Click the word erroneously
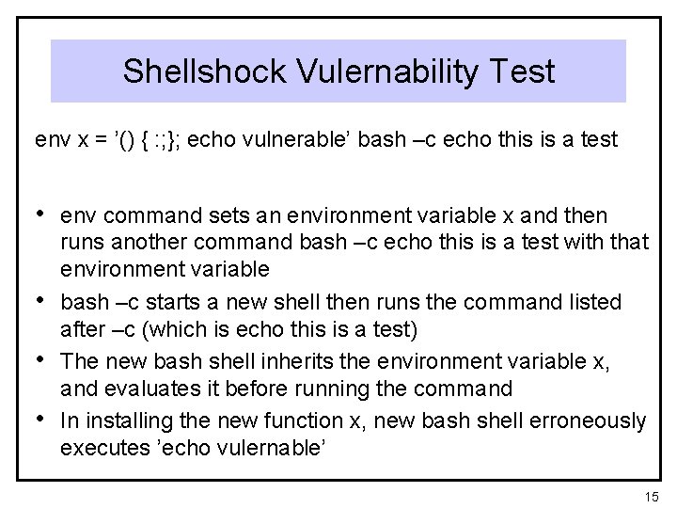582,420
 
